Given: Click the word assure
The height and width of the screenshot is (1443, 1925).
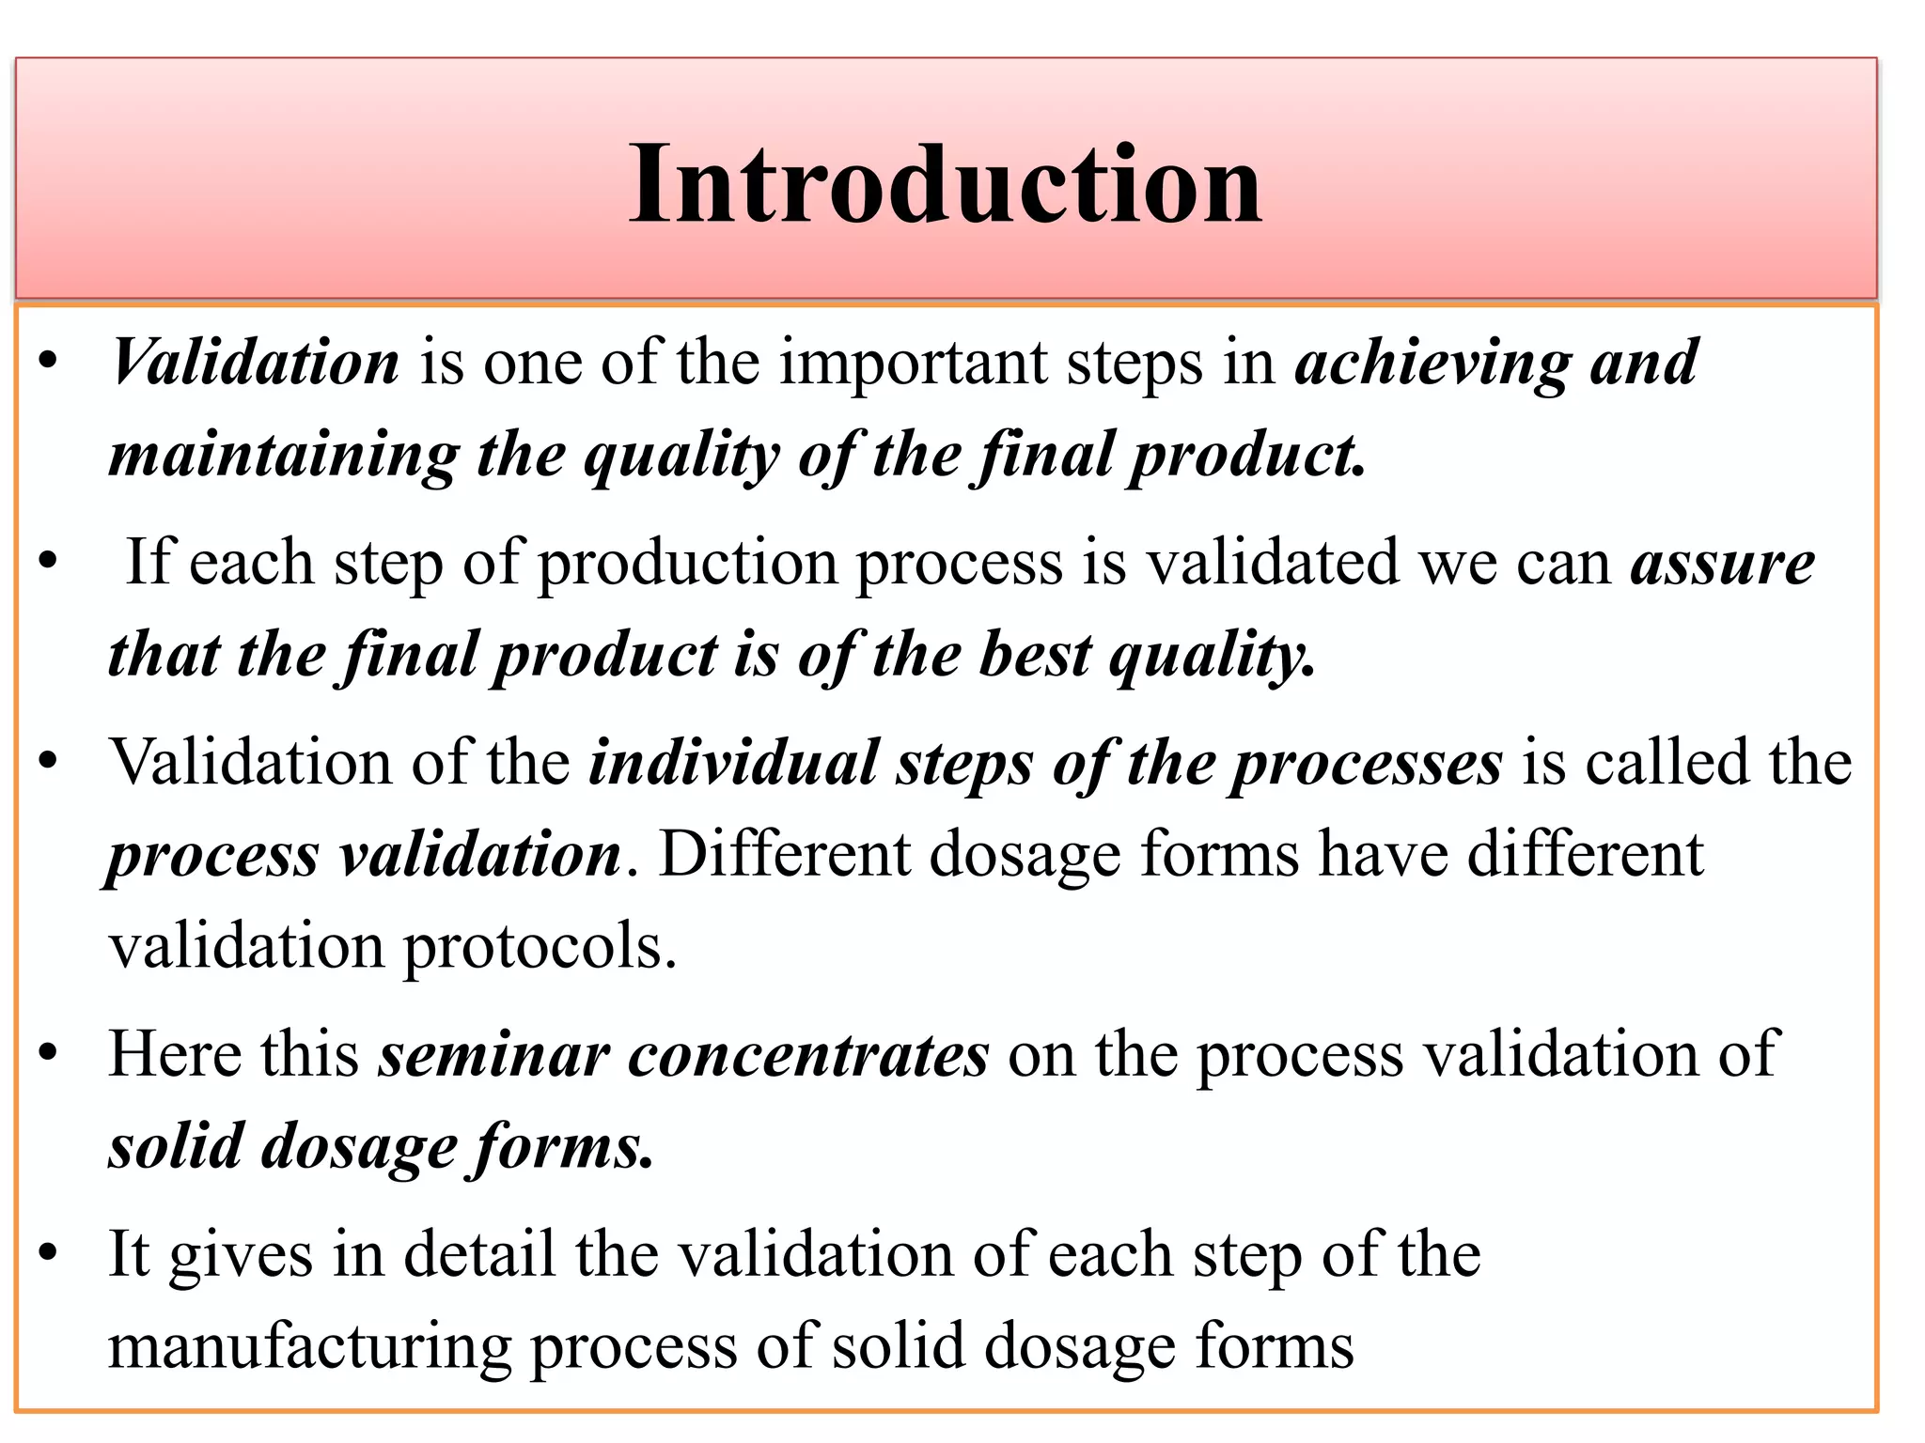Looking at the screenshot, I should click(1722, 563).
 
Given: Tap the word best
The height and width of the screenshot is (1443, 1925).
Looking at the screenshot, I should click(1035, 655).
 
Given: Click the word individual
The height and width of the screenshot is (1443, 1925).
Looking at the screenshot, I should click(733, 762).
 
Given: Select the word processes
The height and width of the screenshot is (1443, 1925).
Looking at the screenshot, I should click(1368, 764).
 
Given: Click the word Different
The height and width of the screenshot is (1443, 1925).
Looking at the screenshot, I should click(784, 854).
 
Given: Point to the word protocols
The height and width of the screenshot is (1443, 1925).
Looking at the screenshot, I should click(540, 947).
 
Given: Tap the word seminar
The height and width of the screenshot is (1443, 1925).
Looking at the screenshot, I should click(493, 1054).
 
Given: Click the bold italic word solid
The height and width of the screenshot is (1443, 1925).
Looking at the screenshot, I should click(176, 1146).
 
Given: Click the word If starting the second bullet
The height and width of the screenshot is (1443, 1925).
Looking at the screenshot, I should click(149, 563).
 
